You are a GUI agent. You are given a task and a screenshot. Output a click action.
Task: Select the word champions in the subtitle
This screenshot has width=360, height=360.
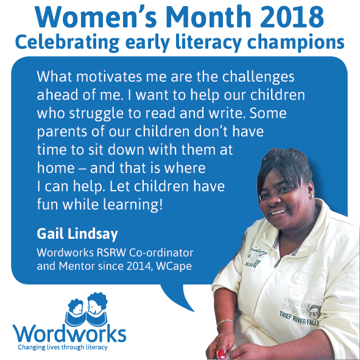click(295, 43)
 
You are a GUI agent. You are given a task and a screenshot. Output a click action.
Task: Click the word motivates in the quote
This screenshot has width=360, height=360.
click(109, 77)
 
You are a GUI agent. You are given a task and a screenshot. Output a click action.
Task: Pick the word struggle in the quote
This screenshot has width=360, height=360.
click(96, 114)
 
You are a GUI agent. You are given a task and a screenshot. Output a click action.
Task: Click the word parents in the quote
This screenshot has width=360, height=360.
click(62, 132)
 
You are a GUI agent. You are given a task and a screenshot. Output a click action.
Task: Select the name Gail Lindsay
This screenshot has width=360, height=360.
click(77, 235)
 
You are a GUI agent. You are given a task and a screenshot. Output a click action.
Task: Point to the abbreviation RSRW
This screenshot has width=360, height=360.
click(111, 253)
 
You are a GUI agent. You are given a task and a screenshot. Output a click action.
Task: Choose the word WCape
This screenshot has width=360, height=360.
click(174, 266)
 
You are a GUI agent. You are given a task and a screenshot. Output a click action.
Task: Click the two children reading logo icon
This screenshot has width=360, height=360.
click(86, 309)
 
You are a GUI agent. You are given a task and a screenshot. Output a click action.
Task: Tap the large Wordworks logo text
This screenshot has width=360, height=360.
click(69, 334)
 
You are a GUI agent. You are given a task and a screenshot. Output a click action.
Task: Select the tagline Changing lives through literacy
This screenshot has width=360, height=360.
click(63, 347)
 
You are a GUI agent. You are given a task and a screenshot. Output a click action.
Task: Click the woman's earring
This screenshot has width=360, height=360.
click(312, 196)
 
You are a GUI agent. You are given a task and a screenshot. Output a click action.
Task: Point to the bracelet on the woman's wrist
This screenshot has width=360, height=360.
click(225, 322)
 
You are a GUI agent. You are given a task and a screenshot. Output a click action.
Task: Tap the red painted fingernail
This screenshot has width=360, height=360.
click(221, 354)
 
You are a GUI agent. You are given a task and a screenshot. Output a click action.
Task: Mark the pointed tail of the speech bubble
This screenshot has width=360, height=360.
click(194, 311)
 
